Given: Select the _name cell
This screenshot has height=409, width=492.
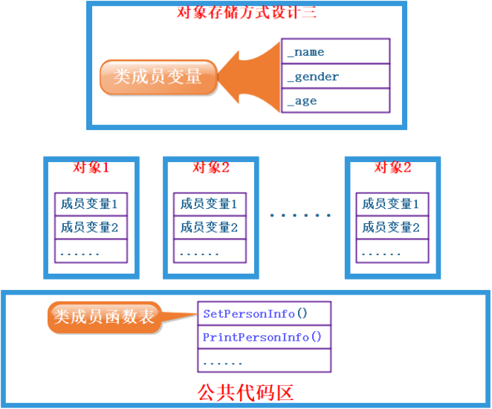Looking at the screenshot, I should coord(335,52).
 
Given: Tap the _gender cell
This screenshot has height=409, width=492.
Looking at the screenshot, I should coord(335,77).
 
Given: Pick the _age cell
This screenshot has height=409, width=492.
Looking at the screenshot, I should coord(335,101).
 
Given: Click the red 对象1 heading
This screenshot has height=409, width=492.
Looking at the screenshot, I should coord(91,167).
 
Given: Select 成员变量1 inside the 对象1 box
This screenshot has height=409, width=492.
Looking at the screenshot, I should coord(91,203).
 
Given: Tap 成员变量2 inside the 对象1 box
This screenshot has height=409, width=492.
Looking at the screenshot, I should coord(91,228).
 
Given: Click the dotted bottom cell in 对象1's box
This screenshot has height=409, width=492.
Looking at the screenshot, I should coord(91,251).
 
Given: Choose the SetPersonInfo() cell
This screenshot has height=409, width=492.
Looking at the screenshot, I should coord(264,314).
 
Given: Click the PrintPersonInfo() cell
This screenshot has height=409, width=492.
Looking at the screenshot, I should coord(264,337).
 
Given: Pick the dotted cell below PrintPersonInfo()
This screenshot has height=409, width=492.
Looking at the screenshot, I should coord(264,361).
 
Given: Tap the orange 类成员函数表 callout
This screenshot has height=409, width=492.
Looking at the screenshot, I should coord(103,318).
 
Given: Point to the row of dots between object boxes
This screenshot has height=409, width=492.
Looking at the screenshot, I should coord(301,216).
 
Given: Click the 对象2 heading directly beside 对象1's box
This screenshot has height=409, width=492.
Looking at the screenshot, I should coord(210,167).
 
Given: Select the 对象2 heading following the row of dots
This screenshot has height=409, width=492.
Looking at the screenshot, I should coord(392,167).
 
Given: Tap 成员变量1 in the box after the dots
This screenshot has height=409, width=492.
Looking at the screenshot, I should coord(392,203).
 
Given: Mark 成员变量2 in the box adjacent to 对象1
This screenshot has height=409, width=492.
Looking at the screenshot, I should coord(210,228).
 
